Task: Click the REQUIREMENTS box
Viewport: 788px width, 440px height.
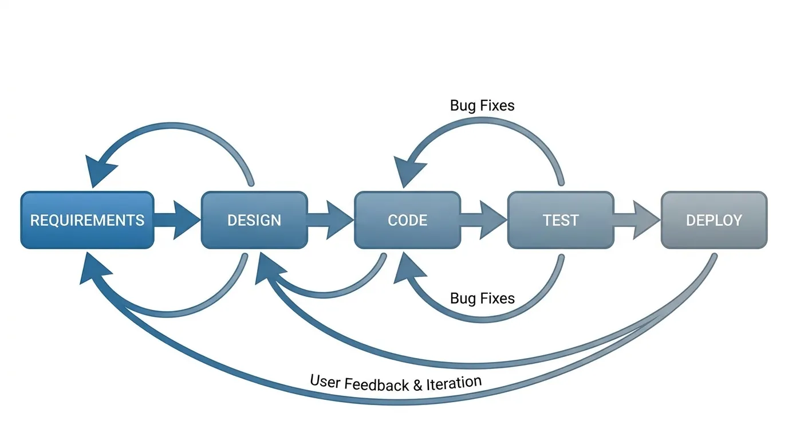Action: click(87, 220)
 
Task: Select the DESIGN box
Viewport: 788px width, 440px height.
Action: click(254, 220)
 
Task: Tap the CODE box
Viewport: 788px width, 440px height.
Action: click(407, 220)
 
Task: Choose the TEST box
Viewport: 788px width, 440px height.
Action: click(561, 220)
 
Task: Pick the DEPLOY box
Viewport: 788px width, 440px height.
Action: click(714, 220)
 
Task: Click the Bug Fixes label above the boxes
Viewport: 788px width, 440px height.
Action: click(482, 105)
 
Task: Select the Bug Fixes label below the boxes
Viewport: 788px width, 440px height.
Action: click(482, 298)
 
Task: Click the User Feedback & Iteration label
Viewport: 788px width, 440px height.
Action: click(396, 383)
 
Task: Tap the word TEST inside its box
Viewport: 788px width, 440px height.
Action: click(561, 221)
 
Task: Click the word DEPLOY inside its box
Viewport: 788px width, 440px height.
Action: click(714, 221)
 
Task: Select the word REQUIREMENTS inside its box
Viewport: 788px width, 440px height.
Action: click(87, 221)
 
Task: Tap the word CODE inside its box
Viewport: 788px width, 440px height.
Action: click(407, 221)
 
